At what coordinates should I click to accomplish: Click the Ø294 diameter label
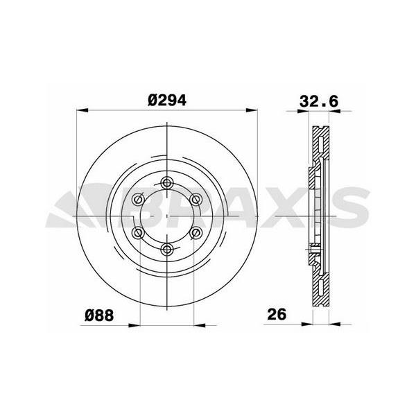pos(167,101)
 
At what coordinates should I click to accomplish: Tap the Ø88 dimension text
pos(99,315)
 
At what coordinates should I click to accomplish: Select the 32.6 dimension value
pos(319,101)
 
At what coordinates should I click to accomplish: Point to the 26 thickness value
pos(277,314)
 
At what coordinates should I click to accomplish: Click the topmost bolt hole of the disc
pos(167,183)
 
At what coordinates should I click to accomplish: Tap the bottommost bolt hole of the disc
pos(167,249)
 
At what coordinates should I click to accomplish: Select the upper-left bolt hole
pos(138,199)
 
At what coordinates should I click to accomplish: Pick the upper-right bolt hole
pos(196,200)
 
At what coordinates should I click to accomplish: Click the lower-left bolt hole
pos(138,233)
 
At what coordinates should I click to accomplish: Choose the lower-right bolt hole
pos(196,233)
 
